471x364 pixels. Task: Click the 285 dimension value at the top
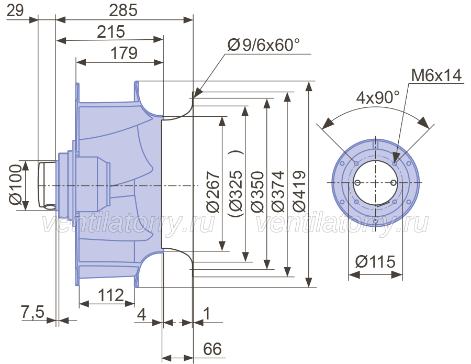pos(123,10)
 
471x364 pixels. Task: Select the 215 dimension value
pos(110,31)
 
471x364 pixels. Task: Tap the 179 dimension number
pos(124,53)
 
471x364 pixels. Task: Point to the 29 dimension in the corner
pos(15,10)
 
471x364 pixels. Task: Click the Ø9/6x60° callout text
pos(264,45)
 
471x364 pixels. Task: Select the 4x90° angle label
pos(378,98)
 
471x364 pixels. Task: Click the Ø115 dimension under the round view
pos(375,261)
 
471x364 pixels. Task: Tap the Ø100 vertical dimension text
pos(16,184)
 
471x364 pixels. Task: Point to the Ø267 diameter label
pos(212,191)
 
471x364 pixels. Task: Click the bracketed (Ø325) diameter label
pos(235,183)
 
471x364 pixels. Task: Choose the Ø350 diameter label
pos(257,192)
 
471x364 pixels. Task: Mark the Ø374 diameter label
pos(277,191)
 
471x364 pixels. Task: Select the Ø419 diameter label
pos(299,192)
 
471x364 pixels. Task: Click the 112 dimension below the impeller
pos(111,295)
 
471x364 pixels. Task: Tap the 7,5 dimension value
pos(32,312)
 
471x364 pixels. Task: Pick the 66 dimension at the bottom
pos(212,349)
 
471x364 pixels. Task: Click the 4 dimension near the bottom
pos(141,314)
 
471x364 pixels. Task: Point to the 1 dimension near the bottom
pos(207,314)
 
